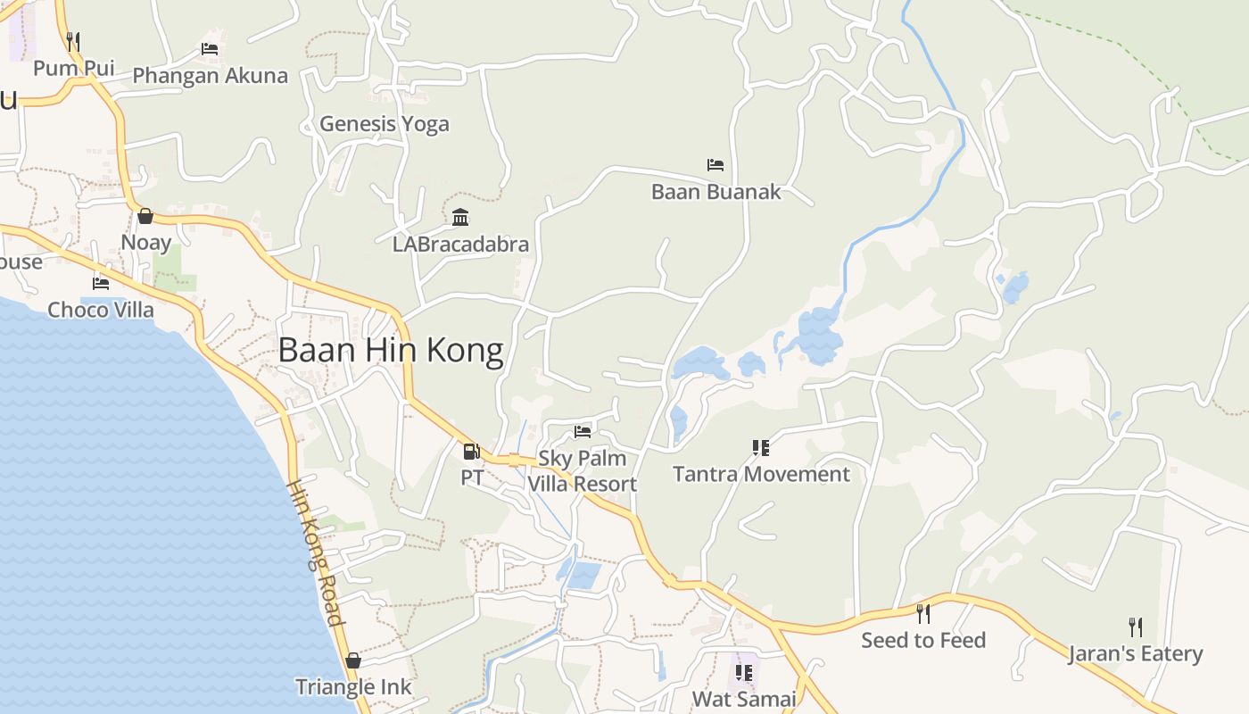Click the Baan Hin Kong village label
391,350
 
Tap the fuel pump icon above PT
471,452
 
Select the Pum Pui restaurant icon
73,41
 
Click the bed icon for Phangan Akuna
210,49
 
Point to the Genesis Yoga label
385,124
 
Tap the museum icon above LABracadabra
460,217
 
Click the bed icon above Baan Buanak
715,165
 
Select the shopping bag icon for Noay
145,216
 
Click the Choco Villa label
101,310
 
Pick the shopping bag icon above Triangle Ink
353,660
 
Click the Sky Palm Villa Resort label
583,471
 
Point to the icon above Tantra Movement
760,447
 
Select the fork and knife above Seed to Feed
923,614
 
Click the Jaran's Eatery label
1136,654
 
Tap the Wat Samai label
744,698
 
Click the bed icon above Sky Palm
583,432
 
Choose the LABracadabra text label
460,244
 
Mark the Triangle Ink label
353,686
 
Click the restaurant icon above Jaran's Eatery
1135,627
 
